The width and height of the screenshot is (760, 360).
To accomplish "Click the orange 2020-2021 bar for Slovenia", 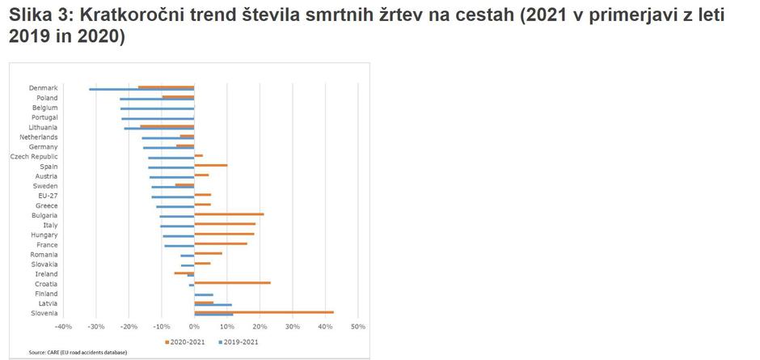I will coord(264,311).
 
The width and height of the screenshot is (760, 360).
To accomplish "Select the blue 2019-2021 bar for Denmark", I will coord(141,89).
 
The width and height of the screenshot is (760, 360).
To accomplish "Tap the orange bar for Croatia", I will coord(232,282).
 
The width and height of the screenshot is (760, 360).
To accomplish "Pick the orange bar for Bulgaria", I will coord(229,214).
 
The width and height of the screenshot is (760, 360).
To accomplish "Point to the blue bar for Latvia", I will coord(213,305).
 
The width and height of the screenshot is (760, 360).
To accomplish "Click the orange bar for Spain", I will coord(210,165).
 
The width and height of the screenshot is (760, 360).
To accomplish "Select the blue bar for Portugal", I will coord(158,119).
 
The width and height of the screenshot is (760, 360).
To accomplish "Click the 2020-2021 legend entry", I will coord(186,341).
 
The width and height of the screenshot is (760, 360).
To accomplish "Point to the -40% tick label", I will coord(63,327).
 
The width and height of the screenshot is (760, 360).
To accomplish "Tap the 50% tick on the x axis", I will coord(358,327).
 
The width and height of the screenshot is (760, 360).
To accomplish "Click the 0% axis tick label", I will coord(194,327).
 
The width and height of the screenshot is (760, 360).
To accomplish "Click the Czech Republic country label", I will coord(34,156).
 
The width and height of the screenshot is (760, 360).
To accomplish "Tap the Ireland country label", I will coord(46,273).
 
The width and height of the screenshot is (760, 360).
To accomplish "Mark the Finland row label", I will coord(46,294).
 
